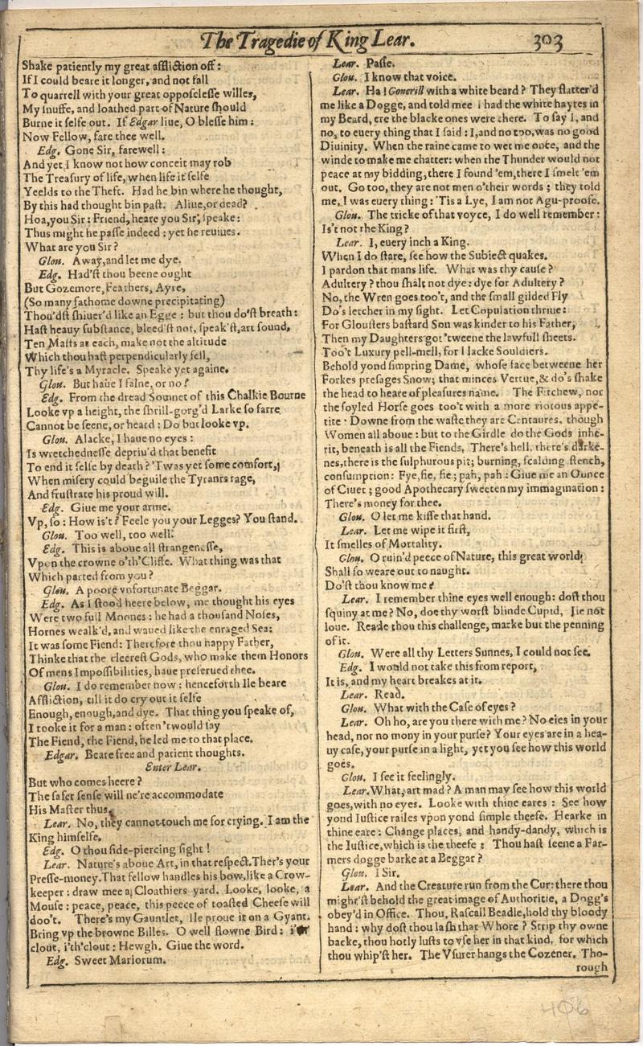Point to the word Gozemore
pos(55,287)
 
